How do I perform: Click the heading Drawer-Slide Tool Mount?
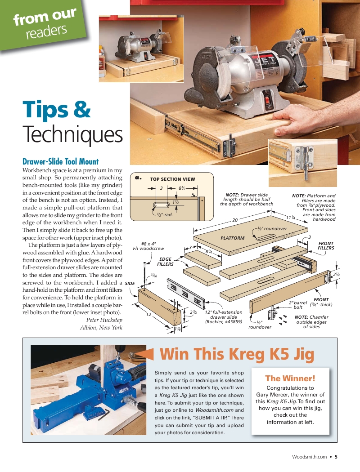(61, 162)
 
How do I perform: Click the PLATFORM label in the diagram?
(233, 238)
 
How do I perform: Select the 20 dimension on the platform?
(235, 220)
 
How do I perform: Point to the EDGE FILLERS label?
(166, 262)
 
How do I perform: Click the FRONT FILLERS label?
(326, 245)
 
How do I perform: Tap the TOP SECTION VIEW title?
(173, 179)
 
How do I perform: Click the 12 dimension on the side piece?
(148, 314)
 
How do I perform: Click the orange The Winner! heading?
(290, 378)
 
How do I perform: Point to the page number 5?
(336, 457)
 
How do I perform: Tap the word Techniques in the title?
(72, 134)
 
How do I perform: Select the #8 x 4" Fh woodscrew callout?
(148, 246)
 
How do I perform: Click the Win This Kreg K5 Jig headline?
(237, 354)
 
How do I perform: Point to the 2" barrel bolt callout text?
(298, 305)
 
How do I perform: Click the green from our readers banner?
(42, 24)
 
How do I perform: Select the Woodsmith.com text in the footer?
(310, 457)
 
